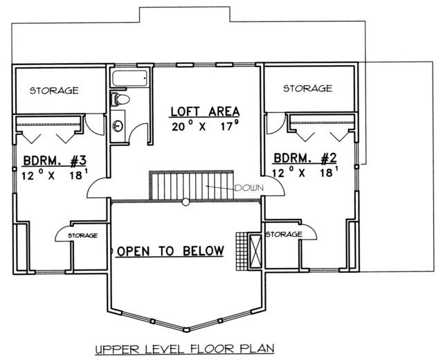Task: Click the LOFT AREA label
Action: pos(205,111)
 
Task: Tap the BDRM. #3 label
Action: pos(55,161)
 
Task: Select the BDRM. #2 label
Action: pos(305,159)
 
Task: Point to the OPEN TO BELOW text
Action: pos(171,251)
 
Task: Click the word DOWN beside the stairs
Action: pos(249,188)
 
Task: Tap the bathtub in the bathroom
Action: pos(129,78)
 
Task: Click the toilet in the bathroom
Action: pos(120,99)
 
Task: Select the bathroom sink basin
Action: pos(118,126)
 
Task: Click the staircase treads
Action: pos(192,185)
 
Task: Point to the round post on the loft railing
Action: pos(186,201)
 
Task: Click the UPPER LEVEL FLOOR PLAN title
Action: pos(185,349)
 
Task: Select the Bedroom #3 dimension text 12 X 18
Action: pos(55,175)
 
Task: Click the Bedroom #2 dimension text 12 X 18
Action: pos(305,172)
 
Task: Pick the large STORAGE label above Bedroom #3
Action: pos(54,91)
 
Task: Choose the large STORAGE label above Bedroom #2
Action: pos(307,89)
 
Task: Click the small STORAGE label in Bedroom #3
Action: pos(83,235)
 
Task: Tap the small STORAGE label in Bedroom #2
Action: pos(284,234)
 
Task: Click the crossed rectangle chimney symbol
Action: pos(255,251)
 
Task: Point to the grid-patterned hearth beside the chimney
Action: pos(242,251)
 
